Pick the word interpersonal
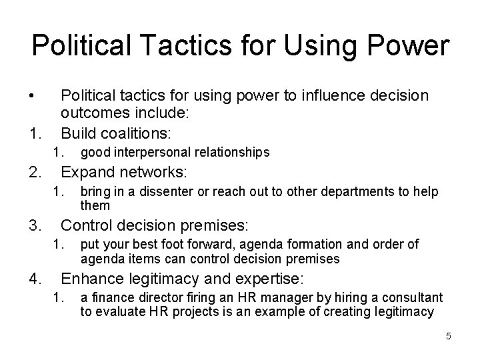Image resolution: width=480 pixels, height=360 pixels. coord(155,153)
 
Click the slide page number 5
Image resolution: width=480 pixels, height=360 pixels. coord(449,336)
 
